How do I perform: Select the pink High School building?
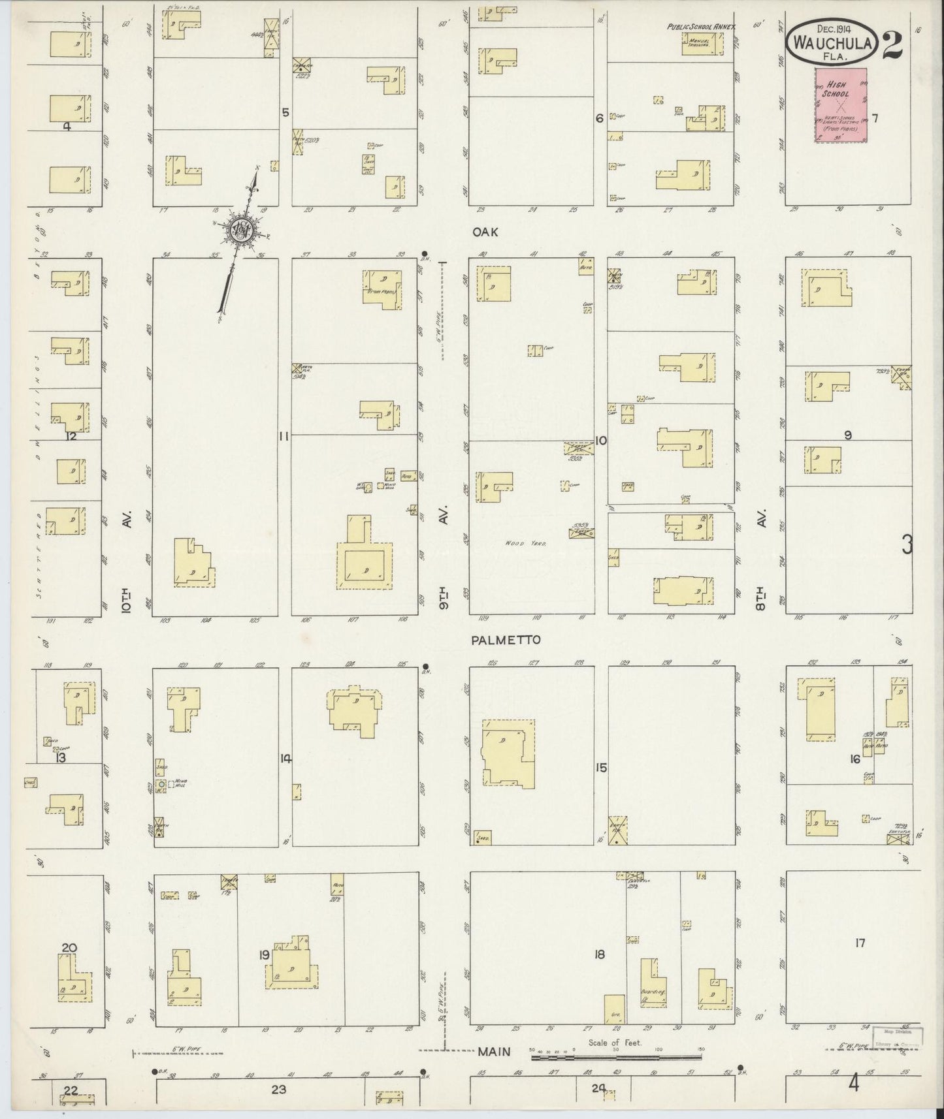coord(841,104)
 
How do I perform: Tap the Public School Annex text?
coord(701,27)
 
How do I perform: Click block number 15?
coord(601,768)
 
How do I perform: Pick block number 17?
coord(860,943)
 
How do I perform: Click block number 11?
coord(284,437)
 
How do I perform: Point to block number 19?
coord(264,955)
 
